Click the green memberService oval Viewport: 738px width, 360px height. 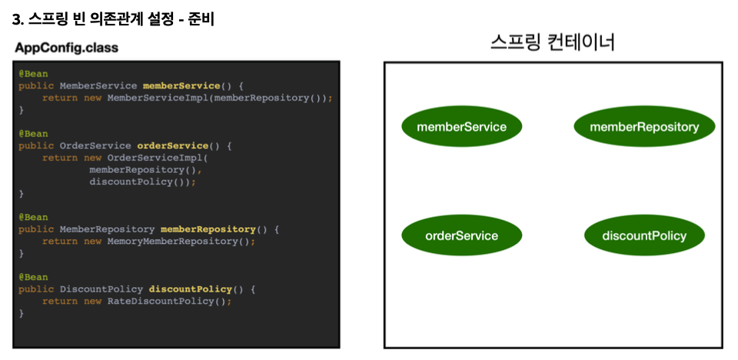[461, 126]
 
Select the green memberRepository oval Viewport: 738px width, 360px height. [644, 126]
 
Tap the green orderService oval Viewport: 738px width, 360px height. [461, 235]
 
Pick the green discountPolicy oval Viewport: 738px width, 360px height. [644, 235]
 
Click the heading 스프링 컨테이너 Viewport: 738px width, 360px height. [553, 42]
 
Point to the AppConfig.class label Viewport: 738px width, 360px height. [65, 48]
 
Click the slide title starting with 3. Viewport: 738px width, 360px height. [113, 18]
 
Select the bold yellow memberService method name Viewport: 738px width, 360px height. [181, 85]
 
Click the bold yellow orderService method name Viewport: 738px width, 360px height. [172, 145]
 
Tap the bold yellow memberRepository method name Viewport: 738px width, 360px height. [208, 229]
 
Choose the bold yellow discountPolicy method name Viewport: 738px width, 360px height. [190, 289]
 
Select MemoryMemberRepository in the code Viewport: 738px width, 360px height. [172, 241]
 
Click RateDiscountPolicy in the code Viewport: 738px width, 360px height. [161, 301]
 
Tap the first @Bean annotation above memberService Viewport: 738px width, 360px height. [33, 73]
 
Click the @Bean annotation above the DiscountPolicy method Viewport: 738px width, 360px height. [33, 277]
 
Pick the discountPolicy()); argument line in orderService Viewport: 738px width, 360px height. [142, 182]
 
